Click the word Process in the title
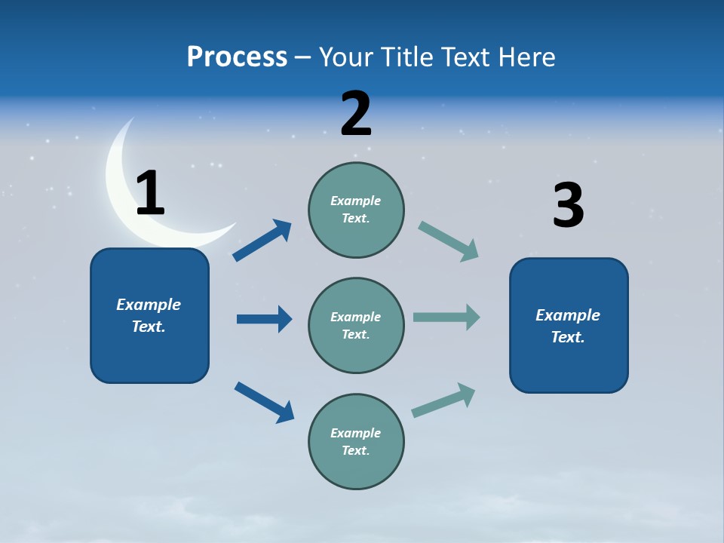pyautogui.click(x=237, y=57)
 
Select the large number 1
pyautogui.click(x=150, y=193)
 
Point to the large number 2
pyautogui.click(x=356, y=114)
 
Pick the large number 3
pyautogui.click(x=568, y=205)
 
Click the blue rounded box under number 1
pyautogui.click(x=149, y=354)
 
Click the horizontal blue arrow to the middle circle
pyautogui.click(x=264, y=319)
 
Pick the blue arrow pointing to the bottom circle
pyautogui.click(x=264, y=402)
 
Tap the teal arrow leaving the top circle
pyautogui.click(x=448, y=241)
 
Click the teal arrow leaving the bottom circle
pyautogui.click(x=443, y=400)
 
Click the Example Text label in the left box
pyautogui.click(x=149, y=315)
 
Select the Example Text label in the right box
pyautogui.click(x=568, y=326)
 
